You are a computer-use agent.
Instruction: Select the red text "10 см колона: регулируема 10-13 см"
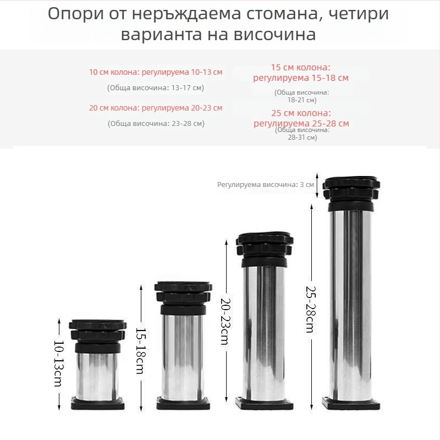[156, 72]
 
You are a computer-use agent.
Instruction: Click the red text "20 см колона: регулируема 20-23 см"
[156, 108]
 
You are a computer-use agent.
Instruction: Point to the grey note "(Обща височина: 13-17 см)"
[156, 87]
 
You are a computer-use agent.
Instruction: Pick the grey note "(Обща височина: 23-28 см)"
[156, 123]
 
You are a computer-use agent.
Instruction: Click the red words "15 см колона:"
[301, 67]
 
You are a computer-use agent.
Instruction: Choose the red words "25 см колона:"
[301, 113]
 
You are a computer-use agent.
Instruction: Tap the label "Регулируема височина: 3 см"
[265, 185]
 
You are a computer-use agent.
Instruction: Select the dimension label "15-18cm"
[141, 351]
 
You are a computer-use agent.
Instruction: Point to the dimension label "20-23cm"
[225, 322]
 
